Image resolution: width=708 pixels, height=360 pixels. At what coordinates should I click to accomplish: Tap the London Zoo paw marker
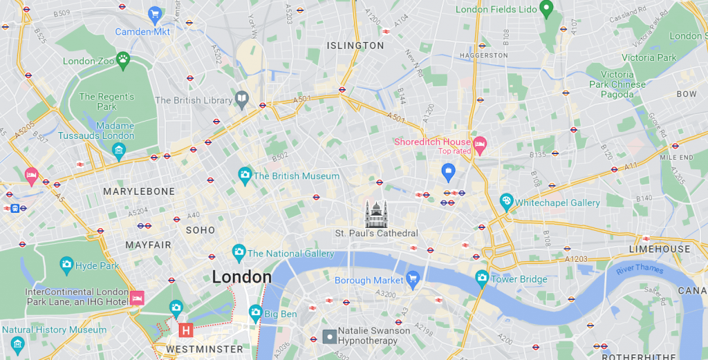pyautogui.click(x=123, y=59)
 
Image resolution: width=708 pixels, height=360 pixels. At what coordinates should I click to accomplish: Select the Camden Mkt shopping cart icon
pyautogui.click(x=155, y=14)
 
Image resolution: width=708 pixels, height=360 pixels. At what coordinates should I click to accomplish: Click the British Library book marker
pyautogui.click(x=241, y=100)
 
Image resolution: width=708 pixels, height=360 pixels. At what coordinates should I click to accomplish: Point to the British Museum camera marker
pyautogui.click(x=244, y=175)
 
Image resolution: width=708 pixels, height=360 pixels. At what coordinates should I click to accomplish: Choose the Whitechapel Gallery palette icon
pyautogui.click(x=506, y=202)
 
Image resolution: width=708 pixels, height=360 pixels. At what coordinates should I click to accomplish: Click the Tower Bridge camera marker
pyautogui.click(x=482, y=278)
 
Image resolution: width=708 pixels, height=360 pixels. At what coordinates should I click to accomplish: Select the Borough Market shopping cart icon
pyautogui.click(x=413, y=279)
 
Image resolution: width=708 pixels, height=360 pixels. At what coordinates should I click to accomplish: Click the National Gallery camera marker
pyautogui.click(x=239, y=252)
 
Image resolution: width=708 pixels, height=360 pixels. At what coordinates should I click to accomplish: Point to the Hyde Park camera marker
pyautogui.click(x=66, y=264)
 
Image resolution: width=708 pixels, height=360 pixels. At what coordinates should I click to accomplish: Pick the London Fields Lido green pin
pyautogui.click(x=546, y=9)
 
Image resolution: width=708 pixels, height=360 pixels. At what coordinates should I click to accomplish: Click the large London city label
pyautogui.click(x=241, y=277)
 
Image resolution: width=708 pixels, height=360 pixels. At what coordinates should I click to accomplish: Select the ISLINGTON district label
pyautogui.click(x=355, y=46)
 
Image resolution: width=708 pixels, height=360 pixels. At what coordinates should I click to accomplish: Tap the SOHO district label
pyautogui.click(x=200, y=229)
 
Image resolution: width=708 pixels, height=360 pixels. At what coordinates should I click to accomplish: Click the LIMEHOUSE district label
pyautogui.click(x=660, y=249)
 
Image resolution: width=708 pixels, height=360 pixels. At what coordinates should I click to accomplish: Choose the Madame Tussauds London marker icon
pyautogui.click(x=119, y=151)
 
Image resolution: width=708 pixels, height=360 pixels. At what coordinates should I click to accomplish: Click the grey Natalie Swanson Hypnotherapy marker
pyautogui.click(x=330, y=337)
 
